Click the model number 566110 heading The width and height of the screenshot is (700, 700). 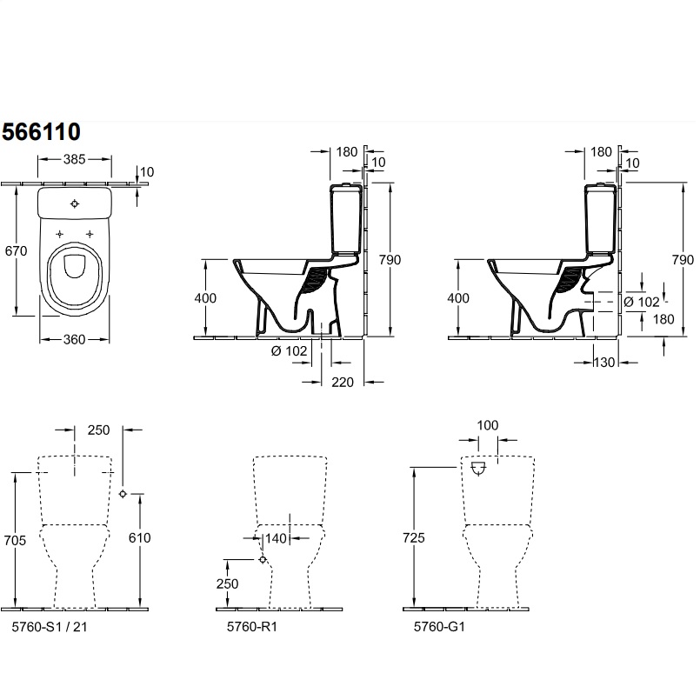(41, 132)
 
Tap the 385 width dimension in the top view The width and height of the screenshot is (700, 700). (74, 159)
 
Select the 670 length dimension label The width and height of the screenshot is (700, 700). (16, 251)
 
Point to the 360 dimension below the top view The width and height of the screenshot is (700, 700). (74, 340)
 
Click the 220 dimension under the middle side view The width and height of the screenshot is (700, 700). (343, 382)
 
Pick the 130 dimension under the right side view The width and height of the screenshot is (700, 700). (604, 363)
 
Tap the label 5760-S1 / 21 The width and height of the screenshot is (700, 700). (50, 627)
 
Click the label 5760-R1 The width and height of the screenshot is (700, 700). (252, 627)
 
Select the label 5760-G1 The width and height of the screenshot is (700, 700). (439, 627)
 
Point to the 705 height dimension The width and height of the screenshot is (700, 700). (15, 541)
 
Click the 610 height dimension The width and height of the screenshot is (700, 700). (140, 538)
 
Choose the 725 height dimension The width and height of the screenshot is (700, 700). (413, 538)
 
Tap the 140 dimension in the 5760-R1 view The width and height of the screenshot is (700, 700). (276, 538)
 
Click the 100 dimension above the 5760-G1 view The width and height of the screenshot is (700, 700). (488, 425)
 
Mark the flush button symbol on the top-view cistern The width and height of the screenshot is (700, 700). (75, 204)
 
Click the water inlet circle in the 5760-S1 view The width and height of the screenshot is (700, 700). (123, 494)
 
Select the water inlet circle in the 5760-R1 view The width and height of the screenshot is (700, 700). (263, 559)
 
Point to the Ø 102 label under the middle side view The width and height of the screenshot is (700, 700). (290, 351)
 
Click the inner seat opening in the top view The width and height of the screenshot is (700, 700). (74, 266)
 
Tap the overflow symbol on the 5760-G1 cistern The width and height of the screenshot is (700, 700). (478, 469)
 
